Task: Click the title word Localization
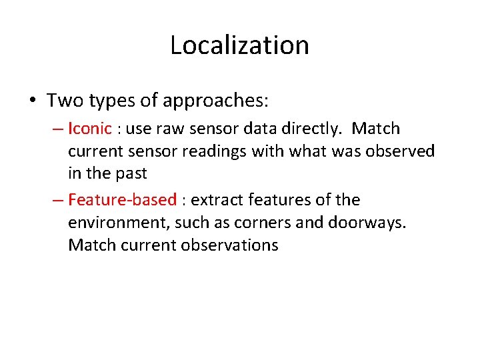coord(239,45)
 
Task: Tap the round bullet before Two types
coord(32,101)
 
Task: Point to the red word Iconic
coord(90,128)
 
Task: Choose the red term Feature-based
coord(122,200)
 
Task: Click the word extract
coord(217,200)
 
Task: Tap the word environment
coord(118,223)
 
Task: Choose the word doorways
coord(367,223)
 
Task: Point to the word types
coord(111,101)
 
